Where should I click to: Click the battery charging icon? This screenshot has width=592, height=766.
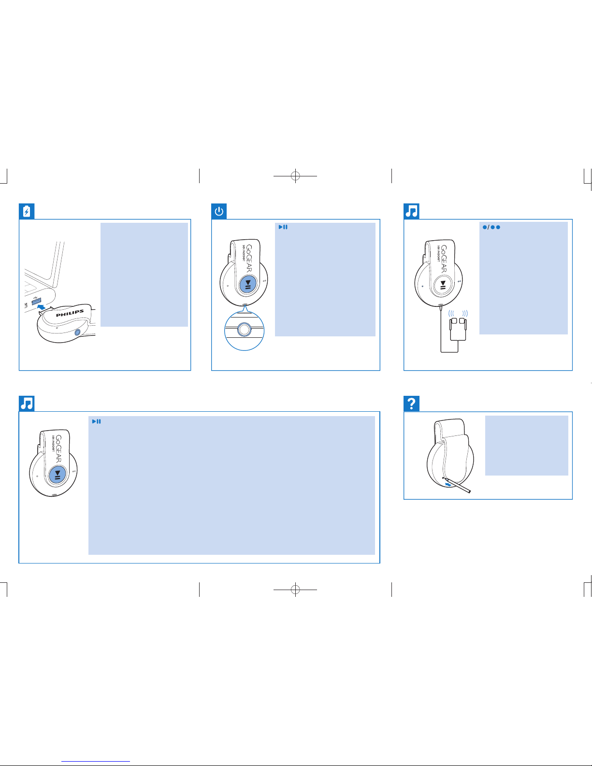(27, 211)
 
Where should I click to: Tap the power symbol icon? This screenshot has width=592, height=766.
(219, 211)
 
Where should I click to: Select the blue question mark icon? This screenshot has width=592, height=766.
(411, 403)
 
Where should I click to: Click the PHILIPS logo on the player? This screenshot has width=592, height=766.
(70, 313)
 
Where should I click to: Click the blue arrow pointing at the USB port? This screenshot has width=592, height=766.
(42, 307)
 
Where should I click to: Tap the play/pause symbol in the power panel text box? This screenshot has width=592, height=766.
(283, 227)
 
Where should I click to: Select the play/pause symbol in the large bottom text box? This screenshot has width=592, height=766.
(96, 421)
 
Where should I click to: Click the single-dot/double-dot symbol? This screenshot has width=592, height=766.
(491, 227)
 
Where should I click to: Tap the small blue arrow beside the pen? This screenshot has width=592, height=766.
(448, 485)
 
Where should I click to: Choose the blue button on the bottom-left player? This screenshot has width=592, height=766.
(58, 475)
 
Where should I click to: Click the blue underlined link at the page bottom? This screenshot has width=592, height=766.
(96, 761)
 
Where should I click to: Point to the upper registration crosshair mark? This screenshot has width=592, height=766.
(295, 175)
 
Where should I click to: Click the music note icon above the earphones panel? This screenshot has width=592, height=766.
(411, 211)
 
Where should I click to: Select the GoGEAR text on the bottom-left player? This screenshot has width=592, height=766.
(58, 448)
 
